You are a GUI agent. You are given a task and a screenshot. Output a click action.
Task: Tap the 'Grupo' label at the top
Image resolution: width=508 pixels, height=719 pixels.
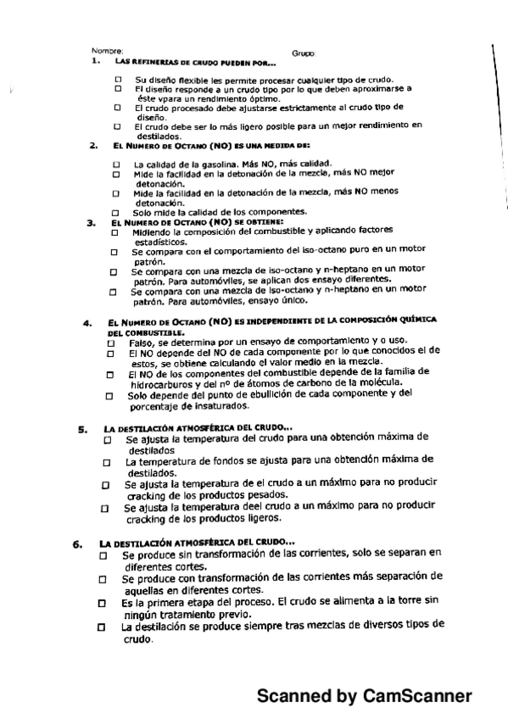pyautogui.click(x=303, y=53)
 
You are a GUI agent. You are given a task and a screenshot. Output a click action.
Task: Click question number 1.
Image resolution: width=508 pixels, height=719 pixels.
pyautogui.click(x=97, y=61)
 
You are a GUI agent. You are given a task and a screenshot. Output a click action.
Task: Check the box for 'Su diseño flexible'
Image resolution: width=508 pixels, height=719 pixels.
pyautogui.click(x=119, y=79)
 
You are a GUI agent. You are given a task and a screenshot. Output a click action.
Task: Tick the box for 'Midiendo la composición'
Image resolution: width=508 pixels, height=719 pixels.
pyautogui.click(x=114, y=231)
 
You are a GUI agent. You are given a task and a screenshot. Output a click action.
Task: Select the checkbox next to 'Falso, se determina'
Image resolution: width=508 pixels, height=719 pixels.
pyautogui.click(x=109, y=342)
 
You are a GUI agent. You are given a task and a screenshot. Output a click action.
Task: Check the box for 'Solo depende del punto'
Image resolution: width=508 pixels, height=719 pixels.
pyautogui.click(x=109, y=396)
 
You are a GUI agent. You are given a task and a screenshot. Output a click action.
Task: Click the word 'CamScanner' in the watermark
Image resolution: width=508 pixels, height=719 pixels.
pyautogui.click(x=416, y=696)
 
